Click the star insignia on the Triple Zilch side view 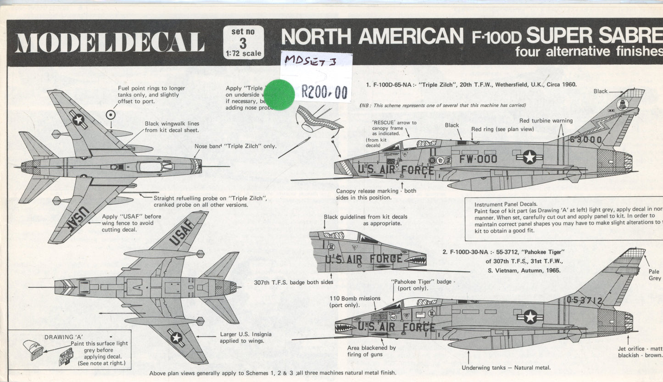529,157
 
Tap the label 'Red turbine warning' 546,121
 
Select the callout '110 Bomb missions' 355,298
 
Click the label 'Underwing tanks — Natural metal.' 506,367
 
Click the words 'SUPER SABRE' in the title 594,35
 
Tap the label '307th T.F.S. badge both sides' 294,282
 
